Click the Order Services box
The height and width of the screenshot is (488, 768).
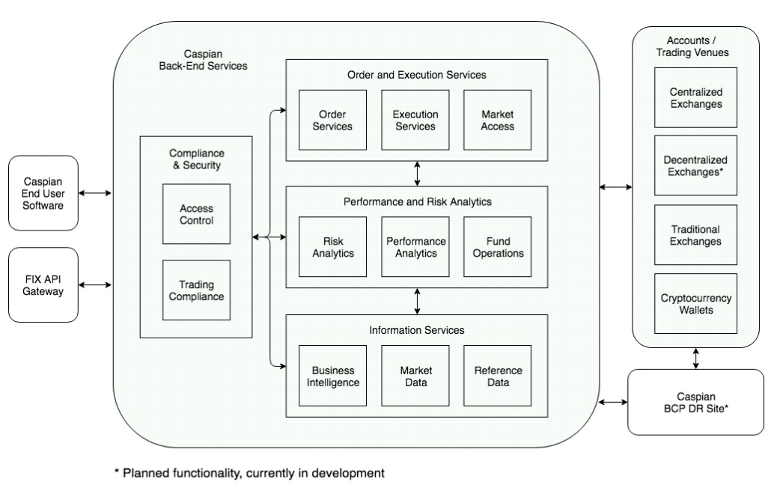[332, 120]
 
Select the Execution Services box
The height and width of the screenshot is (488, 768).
[415, 120]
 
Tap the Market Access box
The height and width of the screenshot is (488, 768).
[498, 120]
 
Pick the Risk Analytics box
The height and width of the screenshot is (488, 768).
[332, 247]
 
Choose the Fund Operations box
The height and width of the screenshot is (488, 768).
[498, 247]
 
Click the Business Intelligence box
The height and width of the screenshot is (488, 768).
[332, 376]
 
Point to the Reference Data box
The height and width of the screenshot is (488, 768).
[498, 376]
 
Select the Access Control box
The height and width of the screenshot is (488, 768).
[196, 214]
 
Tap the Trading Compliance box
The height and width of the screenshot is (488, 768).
[196, 290]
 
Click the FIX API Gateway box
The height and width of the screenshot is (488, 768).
[43, 284]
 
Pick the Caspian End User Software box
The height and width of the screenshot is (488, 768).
[43, 193]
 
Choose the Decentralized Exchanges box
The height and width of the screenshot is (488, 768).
[695, 165]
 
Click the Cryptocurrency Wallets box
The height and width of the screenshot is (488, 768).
[695, 304]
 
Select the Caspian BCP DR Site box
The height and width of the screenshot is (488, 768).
[695, 402]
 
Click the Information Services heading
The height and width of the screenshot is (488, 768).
[417, 330]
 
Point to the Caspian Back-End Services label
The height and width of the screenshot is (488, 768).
[204, 60]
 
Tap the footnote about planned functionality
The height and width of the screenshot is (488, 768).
[249, 473]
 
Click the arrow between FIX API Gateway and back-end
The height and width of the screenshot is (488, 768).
[95, 284]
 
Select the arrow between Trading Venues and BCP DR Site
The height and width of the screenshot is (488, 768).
[695, 359]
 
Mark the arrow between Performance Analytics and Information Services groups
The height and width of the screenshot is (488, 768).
[417, 302]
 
